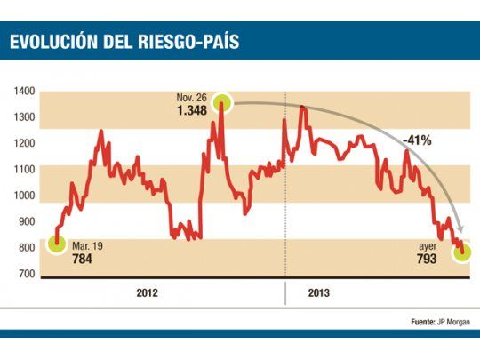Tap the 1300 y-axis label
coord(24,117)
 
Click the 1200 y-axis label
coord(24,143)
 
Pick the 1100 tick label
coord(24,169)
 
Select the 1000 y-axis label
coord(24,196)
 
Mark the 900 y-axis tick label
coord(26,221)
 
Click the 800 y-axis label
coord(26,248)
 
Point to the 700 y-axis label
coord(26,274)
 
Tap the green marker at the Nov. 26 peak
coord(220,103)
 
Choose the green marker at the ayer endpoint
coord(464,253)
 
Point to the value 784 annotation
coord(83,259)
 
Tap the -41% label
coord(416,140)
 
